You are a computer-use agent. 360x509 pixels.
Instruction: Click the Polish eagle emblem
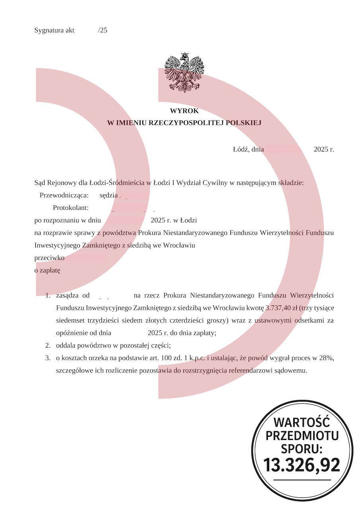click(184, 72)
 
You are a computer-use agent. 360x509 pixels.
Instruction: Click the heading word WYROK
click(184, 111)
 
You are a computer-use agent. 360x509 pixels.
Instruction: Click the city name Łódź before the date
click(241, 150)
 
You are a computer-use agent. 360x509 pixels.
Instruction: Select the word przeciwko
click(49, 258)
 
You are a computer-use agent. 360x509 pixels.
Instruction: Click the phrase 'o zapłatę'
click(47, 270)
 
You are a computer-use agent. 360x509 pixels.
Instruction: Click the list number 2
click(47, 346)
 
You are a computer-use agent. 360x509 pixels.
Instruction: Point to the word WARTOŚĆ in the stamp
click(302, 422)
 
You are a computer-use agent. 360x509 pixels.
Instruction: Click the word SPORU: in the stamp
click(302, 449)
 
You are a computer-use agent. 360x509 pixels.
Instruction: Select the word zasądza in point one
click(68, 295)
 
